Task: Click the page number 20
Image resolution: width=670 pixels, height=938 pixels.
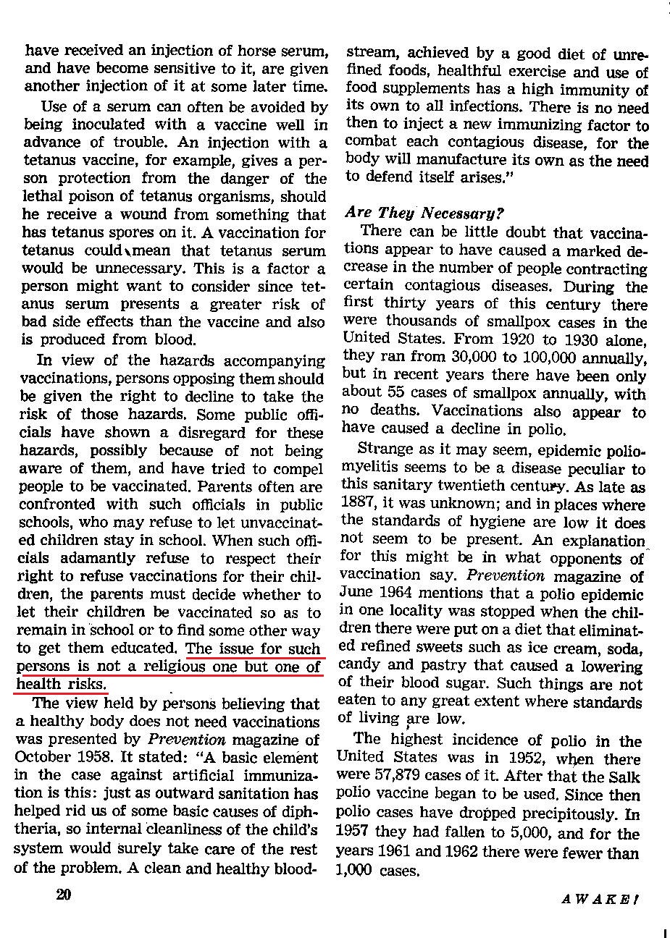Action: (63, 895)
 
